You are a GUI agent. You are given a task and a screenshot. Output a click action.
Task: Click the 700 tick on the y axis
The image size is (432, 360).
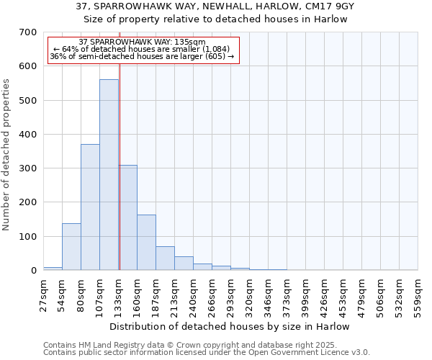click(28, 32)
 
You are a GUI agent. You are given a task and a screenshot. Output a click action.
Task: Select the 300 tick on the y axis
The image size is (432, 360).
click(28, 168)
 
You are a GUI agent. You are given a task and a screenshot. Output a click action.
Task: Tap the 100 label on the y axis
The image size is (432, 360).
click(28, 237)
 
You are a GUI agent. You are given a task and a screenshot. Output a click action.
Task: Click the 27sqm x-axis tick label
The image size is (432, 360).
click(42, 292)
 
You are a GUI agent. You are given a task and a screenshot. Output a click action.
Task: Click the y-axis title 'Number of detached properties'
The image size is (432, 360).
click(7, 155)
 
